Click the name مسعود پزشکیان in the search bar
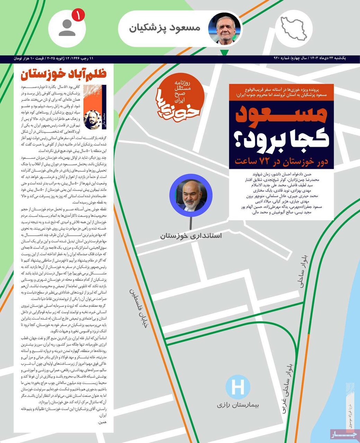click(x=165, y=28)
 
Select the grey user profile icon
click(x=67, y=28)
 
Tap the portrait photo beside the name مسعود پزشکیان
click(x=225, y=29)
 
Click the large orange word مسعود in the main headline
click(x=281, y=115)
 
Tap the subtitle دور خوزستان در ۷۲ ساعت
click(x=281, y=161)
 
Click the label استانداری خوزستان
click(x=191, y=236)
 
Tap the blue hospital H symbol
click(x=238, y=387)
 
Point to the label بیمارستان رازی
click(x=238, y=404)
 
